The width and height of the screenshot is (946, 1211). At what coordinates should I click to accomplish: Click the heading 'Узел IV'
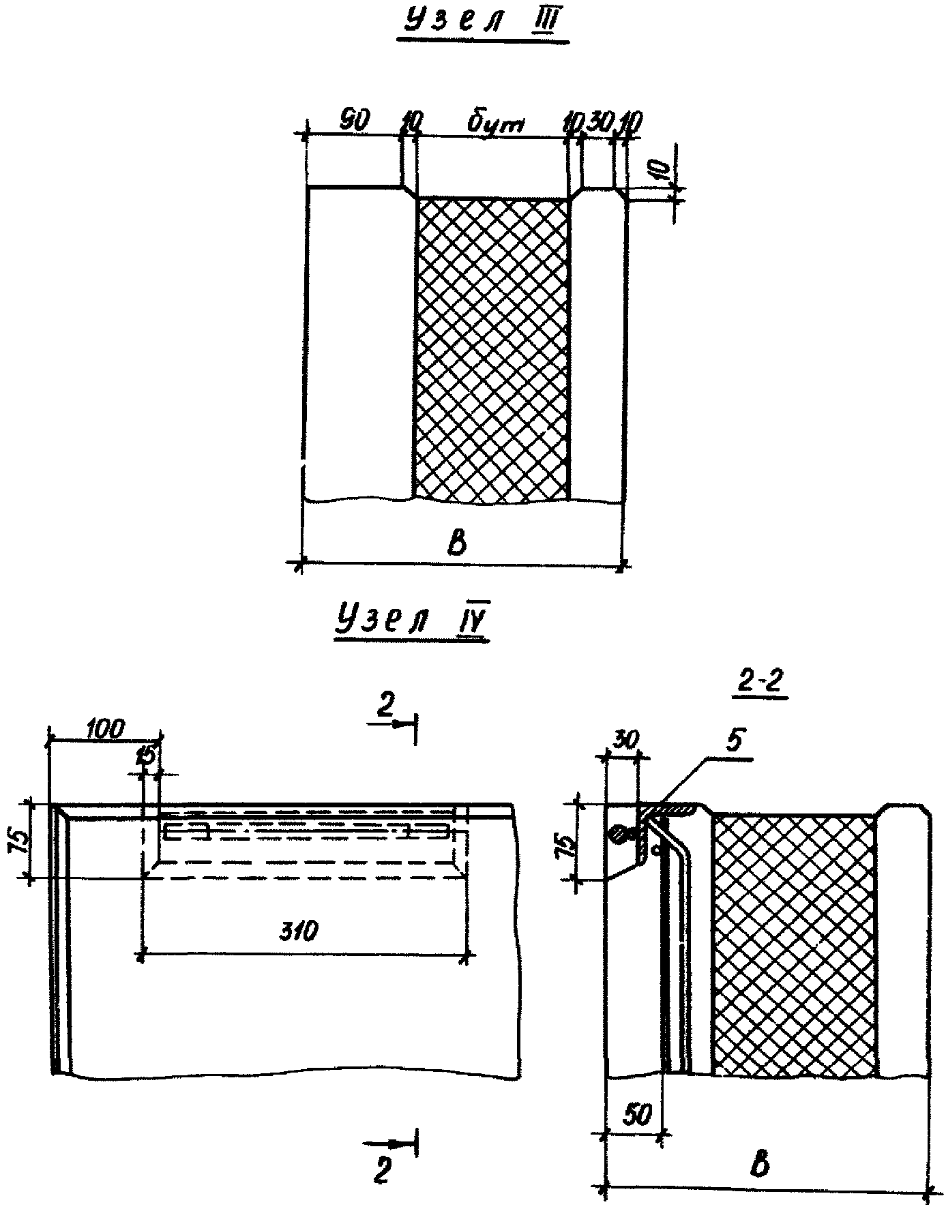click(411, 623)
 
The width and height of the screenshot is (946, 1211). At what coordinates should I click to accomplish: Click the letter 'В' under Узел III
click(459, 544)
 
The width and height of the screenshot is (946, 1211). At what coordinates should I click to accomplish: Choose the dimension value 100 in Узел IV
click(105, 729)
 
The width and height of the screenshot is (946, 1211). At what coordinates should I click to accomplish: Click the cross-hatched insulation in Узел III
click(492, 348)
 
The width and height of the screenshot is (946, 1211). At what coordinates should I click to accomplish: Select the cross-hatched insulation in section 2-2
click(794, 941)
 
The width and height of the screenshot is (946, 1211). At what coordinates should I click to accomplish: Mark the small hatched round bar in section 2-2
click(619, 832)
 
